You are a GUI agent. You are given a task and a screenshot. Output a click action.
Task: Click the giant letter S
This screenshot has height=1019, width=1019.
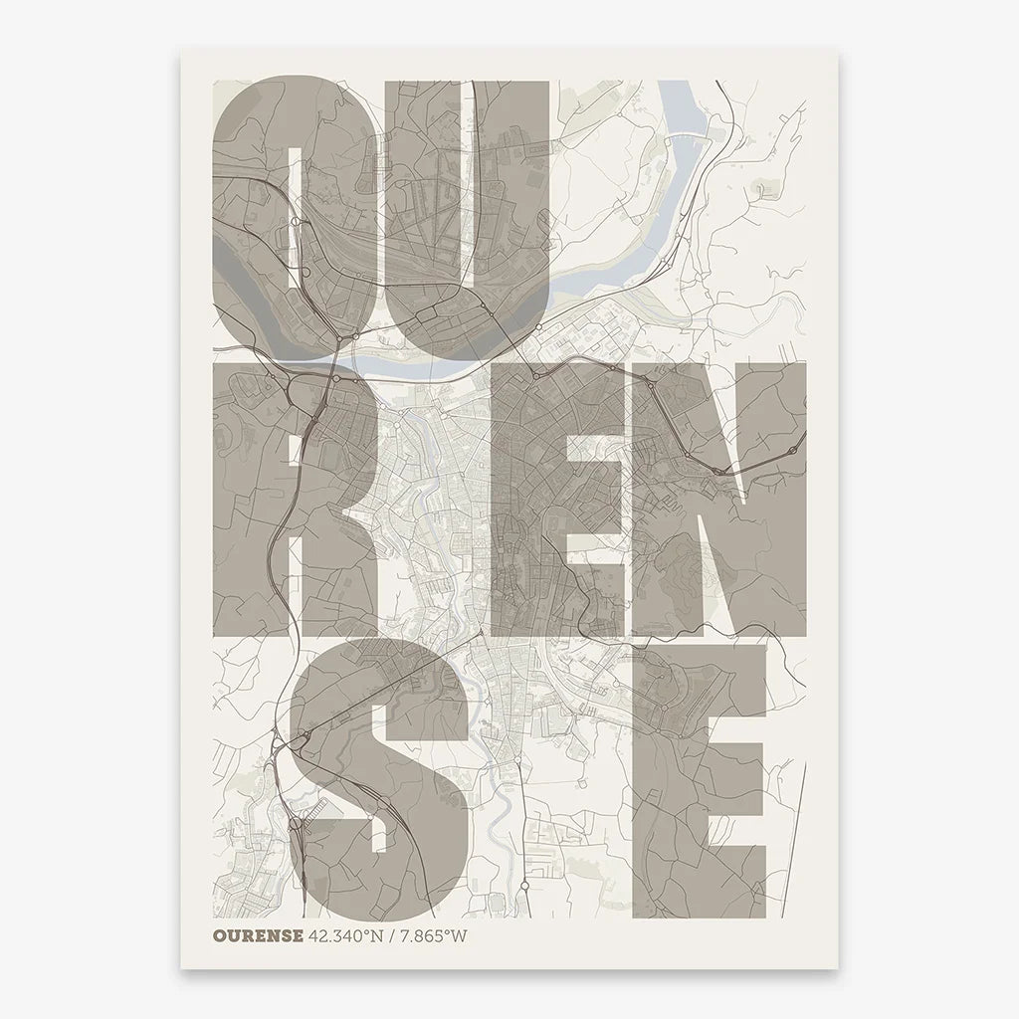(x=378, y=776)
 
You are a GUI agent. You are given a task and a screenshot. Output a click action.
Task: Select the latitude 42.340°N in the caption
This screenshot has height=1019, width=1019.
(x=345, y=935)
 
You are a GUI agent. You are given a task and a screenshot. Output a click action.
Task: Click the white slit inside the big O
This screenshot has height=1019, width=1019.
(x=296, y=214)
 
